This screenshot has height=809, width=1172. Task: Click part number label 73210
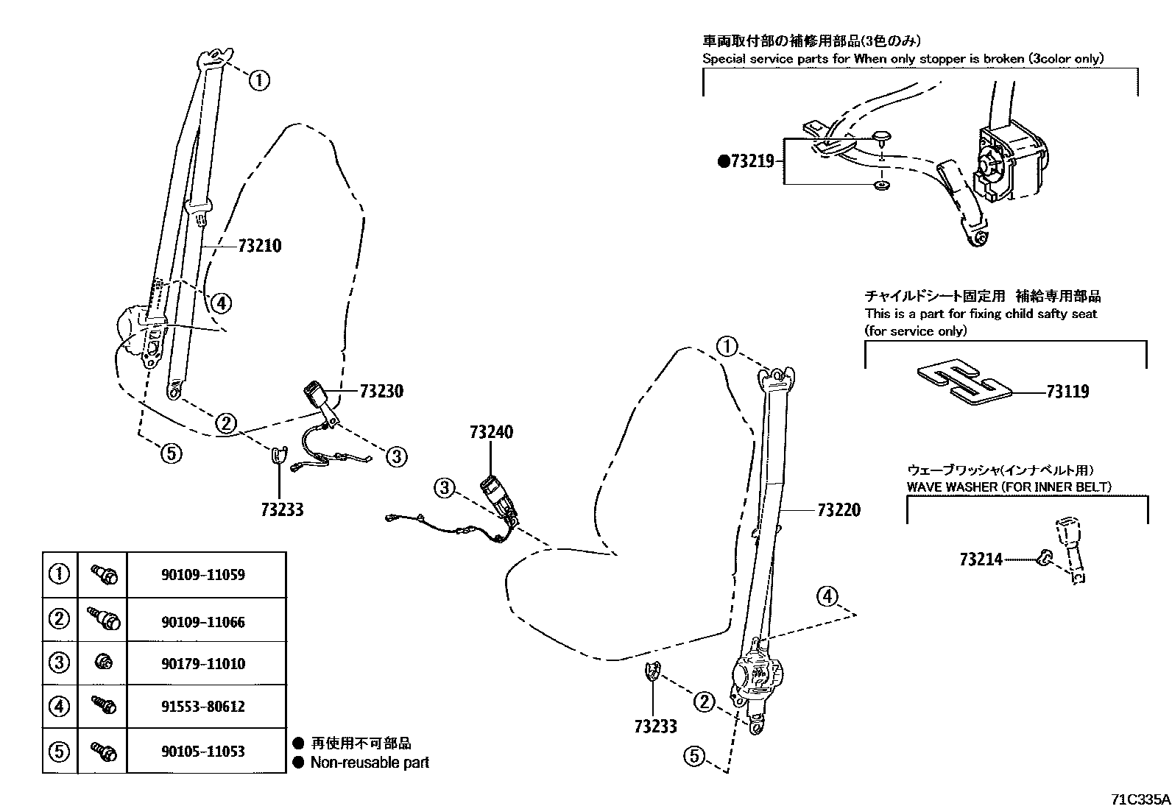(x=260, y=246)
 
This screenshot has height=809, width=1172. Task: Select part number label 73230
(x=381, y=392)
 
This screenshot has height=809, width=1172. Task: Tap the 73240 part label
(x=491, y=432)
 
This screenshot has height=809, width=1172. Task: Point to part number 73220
(x=839, y=510)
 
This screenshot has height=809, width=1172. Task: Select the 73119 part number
(x=1067, y=392)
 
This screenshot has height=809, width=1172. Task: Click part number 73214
(x=981, y=559)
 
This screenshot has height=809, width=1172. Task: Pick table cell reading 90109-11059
(x=203, y=575)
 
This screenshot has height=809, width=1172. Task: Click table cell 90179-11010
(x=203, y=664)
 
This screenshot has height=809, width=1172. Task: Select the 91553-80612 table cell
(x=203, y=707)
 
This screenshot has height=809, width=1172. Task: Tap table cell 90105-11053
(x=203, y=752)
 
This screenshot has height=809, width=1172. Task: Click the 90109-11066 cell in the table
(x=203, y=622)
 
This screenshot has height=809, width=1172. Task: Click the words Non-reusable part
(x=370, y=763)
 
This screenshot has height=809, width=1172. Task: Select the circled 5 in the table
(x=59, y=752)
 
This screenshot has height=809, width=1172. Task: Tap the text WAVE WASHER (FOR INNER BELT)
(x=1009, y=487)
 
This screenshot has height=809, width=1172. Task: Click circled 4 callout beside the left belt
(x=219, y=302)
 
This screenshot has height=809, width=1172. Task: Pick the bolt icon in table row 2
(x=104, y=620)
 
